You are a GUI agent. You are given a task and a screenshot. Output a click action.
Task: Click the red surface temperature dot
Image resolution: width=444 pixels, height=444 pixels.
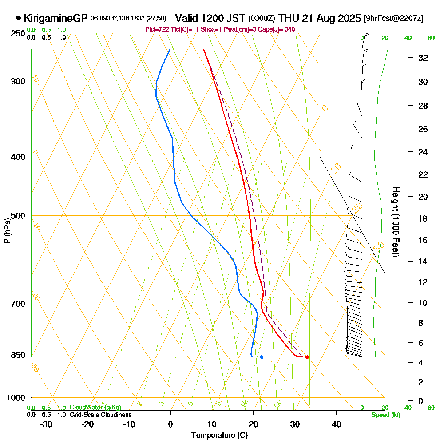pos(307,357)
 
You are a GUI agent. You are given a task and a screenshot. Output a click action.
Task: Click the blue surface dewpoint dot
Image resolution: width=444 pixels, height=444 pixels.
pos(262,357)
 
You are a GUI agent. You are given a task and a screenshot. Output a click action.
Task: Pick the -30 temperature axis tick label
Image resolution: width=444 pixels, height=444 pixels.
pos(46,424)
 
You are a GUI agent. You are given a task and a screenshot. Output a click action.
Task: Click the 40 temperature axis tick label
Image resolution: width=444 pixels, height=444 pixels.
pos(336,424)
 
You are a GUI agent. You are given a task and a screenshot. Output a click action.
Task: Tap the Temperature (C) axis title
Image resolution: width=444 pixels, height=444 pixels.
pos(219,436)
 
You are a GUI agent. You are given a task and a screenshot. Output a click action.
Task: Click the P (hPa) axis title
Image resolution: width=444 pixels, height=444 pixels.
pos(7,230)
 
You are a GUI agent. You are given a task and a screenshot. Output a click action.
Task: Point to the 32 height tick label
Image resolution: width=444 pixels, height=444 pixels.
pos(423,58)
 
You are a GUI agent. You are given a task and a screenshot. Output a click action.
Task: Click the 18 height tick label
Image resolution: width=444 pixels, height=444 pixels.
pos(423,218)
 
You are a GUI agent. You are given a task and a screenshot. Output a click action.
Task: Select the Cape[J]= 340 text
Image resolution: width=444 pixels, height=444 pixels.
pos(280,29)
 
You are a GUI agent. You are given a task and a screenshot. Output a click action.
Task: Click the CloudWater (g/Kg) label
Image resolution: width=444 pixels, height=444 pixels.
pos(95,407)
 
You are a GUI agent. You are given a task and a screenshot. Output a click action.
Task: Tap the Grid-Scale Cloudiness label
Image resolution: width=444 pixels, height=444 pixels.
pos(100,415)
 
